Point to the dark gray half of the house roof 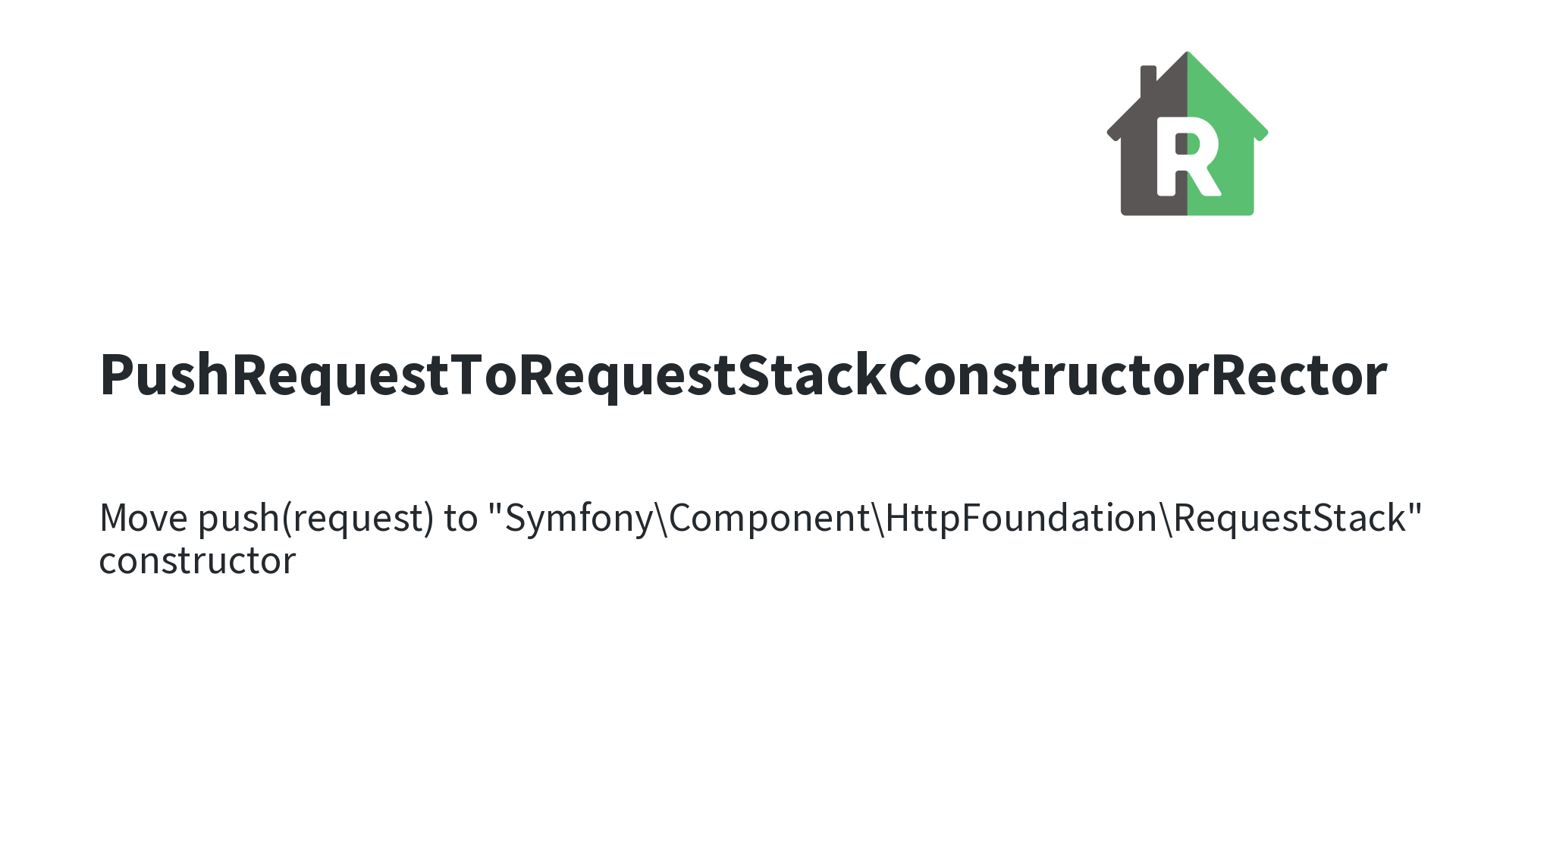(1153, 106)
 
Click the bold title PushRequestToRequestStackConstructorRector (743, 375)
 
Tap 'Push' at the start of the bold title (165, 375)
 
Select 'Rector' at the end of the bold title (1299, 375)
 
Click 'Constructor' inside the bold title (1049, 375)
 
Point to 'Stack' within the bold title (812, 375)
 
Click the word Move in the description (143, 519)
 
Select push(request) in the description (315, 519)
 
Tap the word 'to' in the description (461, 519)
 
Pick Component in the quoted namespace (769, 519)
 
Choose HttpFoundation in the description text (1021, 519)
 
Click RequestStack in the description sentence (1290, 519)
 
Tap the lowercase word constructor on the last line (197, 562)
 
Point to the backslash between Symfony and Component (661, 519)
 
